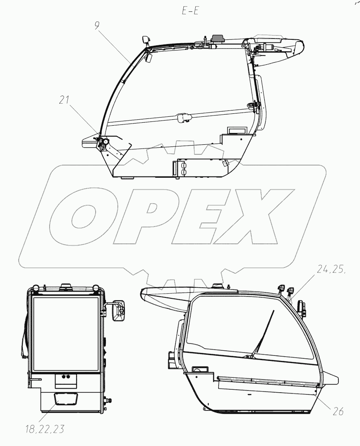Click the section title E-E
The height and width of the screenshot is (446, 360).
click(x=190, y=11)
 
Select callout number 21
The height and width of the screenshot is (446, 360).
click(x=64, y=100)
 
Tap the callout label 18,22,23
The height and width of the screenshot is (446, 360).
click(x=44, y=429)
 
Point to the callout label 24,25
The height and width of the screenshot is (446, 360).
click(x=331, y=270)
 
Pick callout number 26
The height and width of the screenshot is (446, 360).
click(x=338, y=411)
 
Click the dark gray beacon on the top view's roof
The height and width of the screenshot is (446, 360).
click(x=217, y=38)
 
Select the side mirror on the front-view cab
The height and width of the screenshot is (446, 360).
click(x=118, y=310)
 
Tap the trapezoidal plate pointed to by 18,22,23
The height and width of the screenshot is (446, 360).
click(x=66, y=399)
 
